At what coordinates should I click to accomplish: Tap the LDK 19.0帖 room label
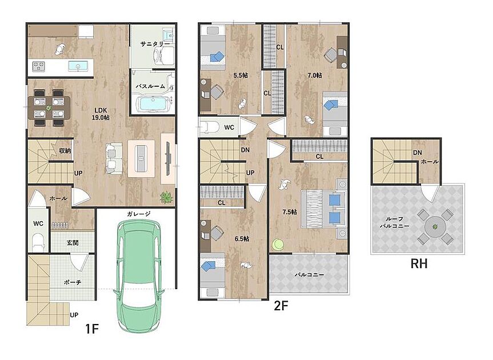pyautogui.click(x=101, y=114)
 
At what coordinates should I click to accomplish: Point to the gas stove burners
pyautogui.click(x=39, y=66)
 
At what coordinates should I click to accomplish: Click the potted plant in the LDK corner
pyautogui.click(x=166, y=197)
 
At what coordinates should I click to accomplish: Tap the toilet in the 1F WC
pyautogui.click(x=38, y=242)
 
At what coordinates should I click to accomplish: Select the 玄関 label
pyautogui.click(x=73, y=243)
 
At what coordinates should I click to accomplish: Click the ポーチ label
pyautogui.click(x=73, y=282)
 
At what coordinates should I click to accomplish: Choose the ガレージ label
pyautogui.click(x=139, y=214)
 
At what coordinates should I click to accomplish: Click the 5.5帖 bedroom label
pyautogui.click(x=241, y=75)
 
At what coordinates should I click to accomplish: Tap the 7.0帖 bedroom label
pyautogui.click(x=314, y=75)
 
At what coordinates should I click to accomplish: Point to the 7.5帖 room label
pyautogui.click(x=290, y=212)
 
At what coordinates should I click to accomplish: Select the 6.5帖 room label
pyautogui.click(x=242, y=239)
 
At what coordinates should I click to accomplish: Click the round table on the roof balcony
pyautogui.click(x=435, y=226)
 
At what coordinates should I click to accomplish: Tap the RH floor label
pyautogui.click(x=419, y=264)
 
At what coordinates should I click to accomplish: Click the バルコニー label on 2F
pyautogui.click(x=309, y=275)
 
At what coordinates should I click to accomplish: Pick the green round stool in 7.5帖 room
pyautogui.click(x=278, y=245)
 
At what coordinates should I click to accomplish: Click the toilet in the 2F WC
pyautogui.click(x=210, y=127)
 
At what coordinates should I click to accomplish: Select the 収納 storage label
pyautogui.click(x=65, y=151)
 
